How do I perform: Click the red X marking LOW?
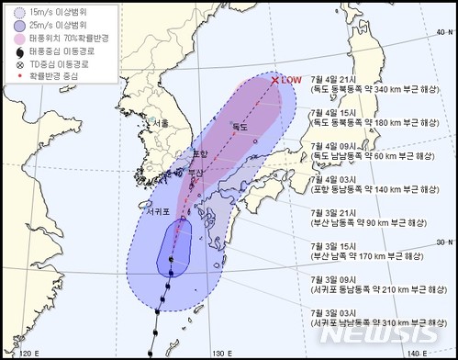click(x=274, y=81)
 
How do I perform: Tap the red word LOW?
click(x=292, y=80)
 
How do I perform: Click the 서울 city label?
click(x=161, y=123)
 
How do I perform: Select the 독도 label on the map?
click(x=240, y=126)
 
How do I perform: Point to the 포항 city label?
click(x=201, y=153)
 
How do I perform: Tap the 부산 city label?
click(x=195, y=172)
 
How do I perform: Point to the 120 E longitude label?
click(x=31, y=353)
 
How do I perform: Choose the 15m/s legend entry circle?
click(x=12, y=11)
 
